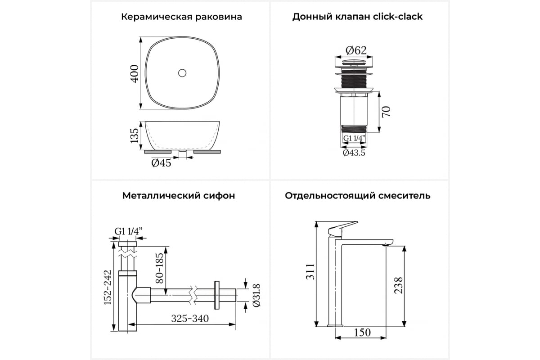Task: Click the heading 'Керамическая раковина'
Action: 181,17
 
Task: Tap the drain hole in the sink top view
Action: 182,72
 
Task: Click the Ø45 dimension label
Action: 161,163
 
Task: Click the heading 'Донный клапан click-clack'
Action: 357,17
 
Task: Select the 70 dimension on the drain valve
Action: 386,111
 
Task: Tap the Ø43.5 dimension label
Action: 354,153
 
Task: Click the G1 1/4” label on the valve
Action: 354,138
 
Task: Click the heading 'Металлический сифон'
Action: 178,196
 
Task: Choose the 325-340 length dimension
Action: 190,319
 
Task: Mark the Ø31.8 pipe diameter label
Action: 256,295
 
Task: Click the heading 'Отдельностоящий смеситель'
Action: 357,196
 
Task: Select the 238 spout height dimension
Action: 399,285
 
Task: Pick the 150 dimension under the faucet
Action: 362,333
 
